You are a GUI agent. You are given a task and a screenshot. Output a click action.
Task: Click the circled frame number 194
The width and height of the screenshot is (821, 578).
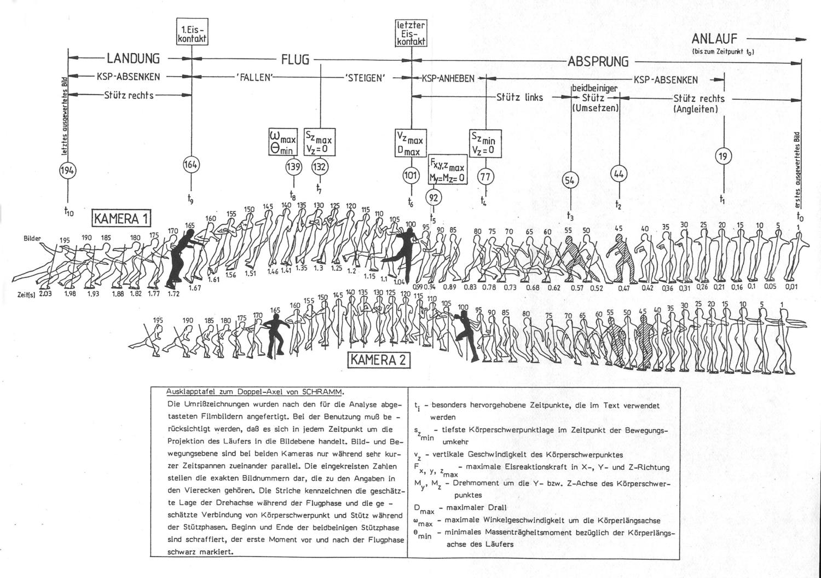pyautogui.click(x=68, y=171)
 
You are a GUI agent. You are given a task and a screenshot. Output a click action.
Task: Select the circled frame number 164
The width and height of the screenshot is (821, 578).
pyautogui.click(x=191, y=164)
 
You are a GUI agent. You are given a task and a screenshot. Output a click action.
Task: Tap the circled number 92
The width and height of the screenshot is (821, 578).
pyautogui.click(x=433, y=198)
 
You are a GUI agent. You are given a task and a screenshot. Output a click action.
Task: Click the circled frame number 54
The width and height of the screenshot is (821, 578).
pyautogui.click(x=570, y=180)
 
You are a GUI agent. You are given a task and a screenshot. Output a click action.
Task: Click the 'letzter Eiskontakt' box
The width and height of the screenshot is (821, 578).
pyautogui.click(x=412, y=33)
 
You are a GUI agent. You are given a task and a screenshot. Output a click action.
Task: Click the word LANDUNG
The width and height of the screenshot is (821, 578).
pyautogui.click(x=133, y=59)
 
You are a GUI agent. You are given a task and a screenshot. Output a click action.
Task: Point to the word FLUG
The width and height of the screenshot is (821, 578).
pyautogui.click(x=295, y=59)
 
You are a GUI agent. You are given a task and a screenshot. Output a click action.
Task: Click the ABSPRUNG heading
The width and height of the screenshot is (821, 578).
pyautogui.click(x=598, y=61)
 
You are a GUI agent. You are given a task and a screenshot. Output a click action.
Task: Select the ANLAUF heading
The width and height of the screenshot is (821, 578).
pyautogui.click(x=714, y=38)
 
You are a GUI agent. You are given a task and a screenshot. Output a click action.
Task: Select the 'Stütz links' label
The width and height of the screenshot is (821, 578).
pyautogui.click(x=519, y=97)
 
